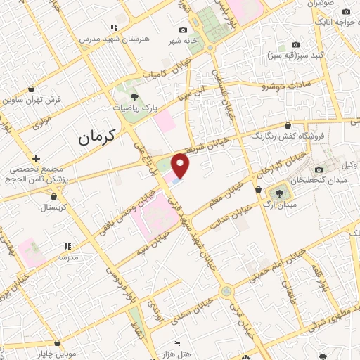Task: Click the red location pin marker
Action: [x=181, y=165]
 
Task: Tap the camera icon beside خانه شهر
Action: [x=184, y=30]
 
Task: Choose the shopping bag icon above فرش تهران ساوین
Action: [x=32, y=89]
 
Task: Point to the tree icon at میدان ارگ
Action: [x=281, y=192]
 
